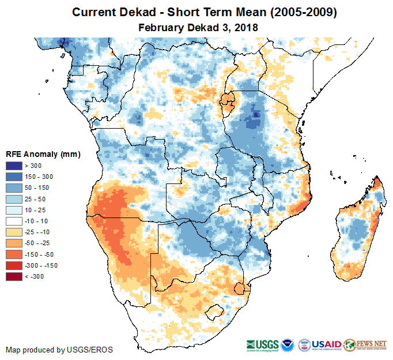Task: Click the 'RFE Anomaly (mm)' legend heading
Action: [x=43, y=155]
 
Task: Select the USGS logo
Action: [x=262, y=344]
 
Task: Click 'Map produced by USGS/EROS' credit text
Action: [x=59, y=350]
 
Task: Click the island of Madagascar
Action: [x=357, y=231]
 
